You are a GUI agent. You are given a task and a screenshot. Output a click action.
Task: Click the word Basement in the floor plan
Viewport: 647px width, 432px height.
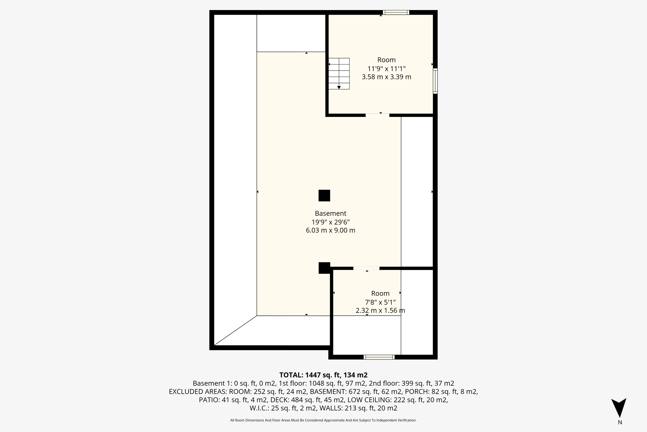[330, 213]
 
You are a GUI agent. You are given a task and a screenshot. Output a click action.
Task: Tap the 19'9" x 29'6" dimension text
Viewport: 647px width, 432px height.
[330, 222]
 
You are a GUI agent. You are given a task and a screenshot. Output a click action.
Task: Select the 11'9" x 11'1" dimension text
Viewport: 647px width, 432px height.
[386, 69]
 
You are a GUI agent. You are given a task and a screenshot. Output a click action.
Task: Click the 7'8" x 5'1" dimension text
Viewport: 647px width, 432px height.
[380, 302]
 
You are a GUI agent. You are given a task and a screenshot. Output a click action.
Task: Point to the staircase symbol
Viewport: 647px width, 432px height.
[339, 73]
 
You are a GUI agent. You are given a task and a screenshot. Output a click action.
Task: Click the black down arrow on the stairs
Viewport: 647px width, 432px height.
[339, 87]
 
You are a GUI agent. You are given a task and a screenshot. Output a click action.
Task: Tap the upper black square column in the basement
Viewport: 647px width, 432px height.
[324, 195]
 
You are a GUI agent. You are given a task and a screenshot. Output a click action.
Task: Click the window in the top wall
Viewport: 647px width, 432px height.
[396, 13]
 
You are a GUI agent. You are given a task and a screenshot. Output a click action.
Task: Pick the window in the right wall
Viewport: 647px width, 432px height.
[435, 81]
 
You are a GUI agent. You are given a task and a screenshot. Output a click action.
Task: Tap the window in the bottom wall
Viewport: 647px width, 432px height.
[379, 357]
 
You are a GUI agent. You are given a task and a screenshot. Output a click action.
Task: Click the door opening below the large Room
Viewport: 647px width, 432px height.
[377, 115]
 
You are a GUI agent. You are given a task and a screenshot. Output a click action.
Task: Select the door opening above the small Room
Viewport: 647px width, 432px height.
[366, 268]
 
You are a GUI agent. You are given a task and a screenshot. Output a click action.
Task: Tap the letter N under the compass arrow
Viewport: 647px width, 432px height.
[620, 423]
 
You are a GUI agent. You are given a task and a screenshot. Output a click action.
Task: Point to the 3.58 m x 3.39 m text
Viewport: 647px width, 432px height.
[386, 77]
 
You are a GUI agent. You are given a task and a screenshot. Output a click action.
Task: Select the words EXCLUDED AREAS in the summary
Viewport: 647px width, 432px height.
[197, 392]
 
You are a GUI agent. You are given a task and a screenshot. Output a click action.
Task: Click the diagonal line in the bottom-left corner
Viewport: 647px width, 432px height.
[235, 330]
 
